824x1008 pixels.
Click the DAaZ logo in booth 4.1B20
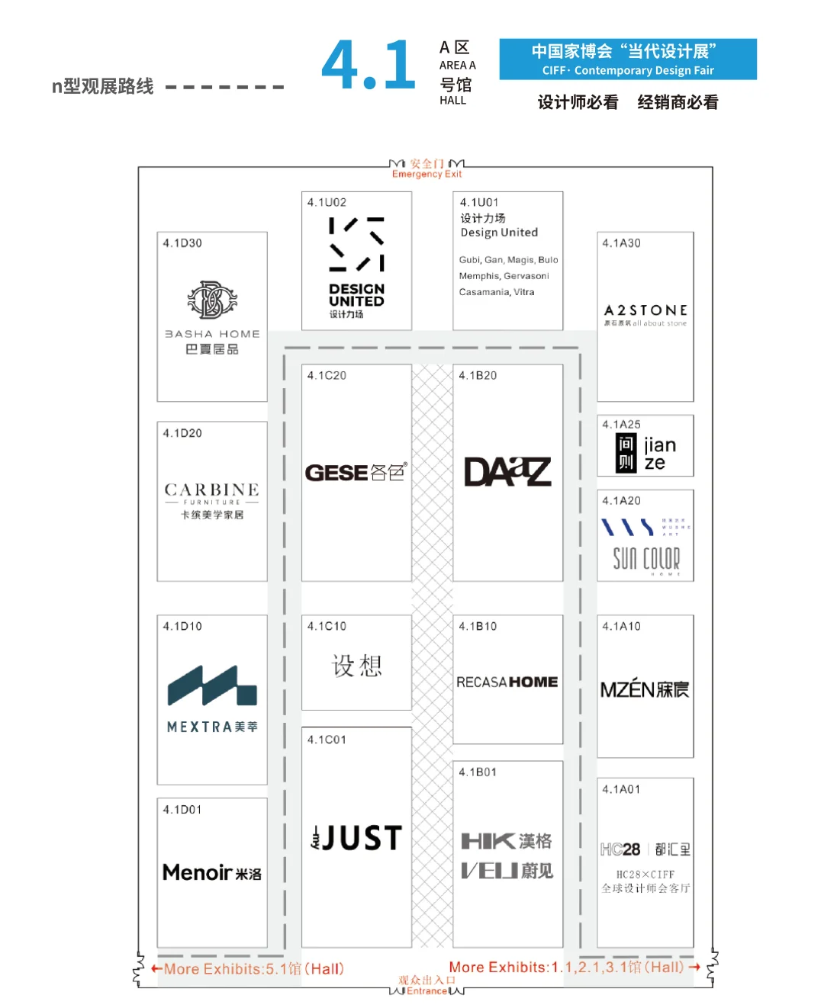coord(507,472)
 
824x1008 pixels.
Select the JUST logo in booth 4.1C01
coord(356,838)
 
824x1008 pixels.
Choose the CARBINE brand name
coord(212,490)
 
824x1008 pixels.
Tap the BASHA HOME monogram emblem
coord(212,300)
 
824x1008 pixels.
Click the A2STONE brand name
coord(645,310)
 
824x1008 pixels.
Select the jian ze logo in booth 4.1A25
coord(645,454)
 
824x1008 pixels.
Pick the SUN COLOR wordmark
coord(646,558)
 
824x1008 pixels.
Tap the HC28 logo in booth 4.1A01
coord(620,849)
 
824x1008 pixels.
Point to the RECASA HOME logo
coord(507,682)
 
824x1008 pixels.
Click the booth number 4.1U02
coord(327,202)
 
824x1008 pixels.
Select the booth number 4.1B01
coord(478,772)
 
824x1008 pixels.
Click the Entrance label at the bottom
coord(426,990)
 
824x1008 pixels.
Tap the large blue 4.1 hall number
coord(369,66)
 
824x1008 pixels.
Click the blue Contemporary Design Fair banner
coord(628,59)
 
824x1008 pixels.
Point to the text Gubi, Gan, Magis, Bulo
coord(508,260)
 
